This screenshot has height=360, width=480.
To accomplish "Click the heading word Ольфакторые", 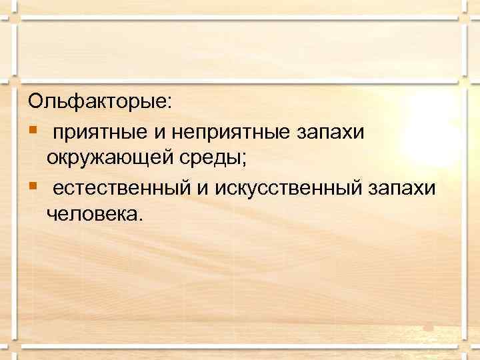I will pos(98,103).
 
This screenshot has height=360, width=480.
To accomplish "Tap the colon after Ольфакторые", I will pos(169,104).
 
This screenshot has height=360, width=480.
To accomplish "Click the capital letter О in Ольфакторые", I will pos(35,103).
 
